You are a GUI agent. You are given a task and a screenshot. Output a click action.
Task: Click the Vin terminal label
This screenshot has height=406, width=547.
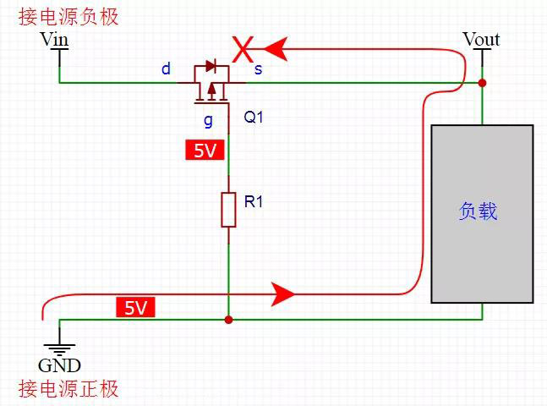coord(55,39)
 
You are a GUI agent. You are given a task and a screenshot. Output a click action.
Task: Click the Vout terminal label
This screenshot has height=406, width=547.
coord(481,39)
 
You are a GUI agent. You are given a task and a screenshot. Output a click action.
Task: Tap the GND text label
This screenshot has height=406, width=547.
coord(59,365)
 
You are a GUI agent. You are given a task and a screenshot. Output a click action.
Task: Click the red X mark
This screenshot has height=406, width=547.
coord(243,49)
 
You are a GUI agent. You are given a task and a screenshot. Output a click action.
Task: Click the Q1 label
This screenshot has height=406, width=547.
coord(254,118)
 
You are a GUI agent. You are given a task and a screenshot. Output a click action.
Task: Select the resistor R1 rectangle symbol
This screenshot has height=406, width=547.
coord(228,209)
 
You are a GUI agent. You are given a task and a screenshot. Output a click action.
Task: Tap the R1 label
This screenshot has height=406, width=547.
coord(254,202)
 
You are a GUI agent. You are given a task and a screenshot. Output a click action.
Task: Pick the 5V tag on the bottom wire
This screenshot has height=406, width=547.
coord(135,308)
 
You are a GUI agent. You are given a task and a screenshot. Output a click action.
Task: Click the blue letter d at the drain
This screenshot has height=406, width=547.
coord(167,69)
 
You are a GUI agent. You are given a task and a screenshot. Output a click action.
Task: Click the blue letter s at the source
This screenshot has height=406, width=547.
coord(258,69)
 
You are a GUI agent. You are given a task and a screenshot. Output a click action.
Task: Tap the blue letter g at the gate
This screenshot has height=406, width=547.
coord(208,119)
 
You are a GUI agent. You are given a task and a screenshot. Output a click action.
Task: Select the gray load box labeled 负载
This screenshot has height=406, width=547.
coord(482,213)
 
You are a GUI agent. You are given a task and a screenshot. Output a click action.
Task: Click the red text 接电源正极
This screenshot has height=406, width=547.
coord(68,389)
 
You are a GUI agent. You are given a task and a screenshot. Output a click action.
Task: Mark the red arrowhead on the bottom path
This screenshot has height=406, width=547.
coord(282,294)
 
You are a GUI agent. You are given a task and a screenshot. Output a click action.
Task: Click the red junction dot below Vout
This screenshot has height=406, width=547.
coord(482,83)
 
